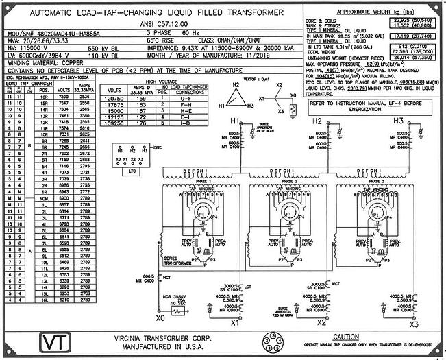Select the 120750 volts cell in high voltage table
[114, 99]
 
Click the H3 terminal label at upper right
[399, 121]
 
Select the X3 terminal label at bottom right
[413, 323]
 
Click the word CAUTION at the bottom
[346, 337]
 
